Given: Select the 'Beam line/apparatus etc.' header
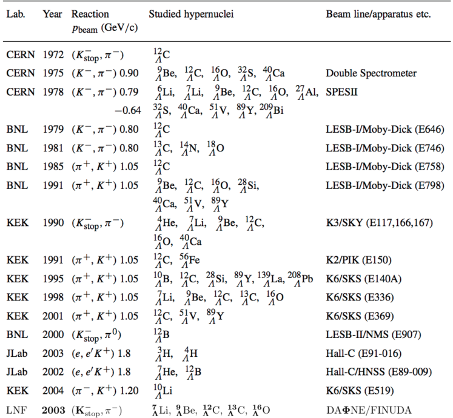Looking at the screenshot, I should [378, 14].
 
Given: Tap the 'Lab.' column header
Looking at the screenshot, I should [16, 14].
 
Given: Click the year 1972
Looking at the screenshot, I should [53, 55].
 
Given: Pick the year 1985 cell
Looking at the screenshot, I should [53, 166].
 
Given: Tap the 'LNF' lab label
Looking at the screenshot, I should [16, 410].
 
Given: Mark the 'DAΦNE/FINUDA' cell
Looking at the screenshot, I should [369, 410].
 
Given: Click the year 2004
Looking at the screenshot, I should [53, 391].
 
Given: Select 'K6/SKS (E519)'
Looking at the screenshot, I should [358, 391].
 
